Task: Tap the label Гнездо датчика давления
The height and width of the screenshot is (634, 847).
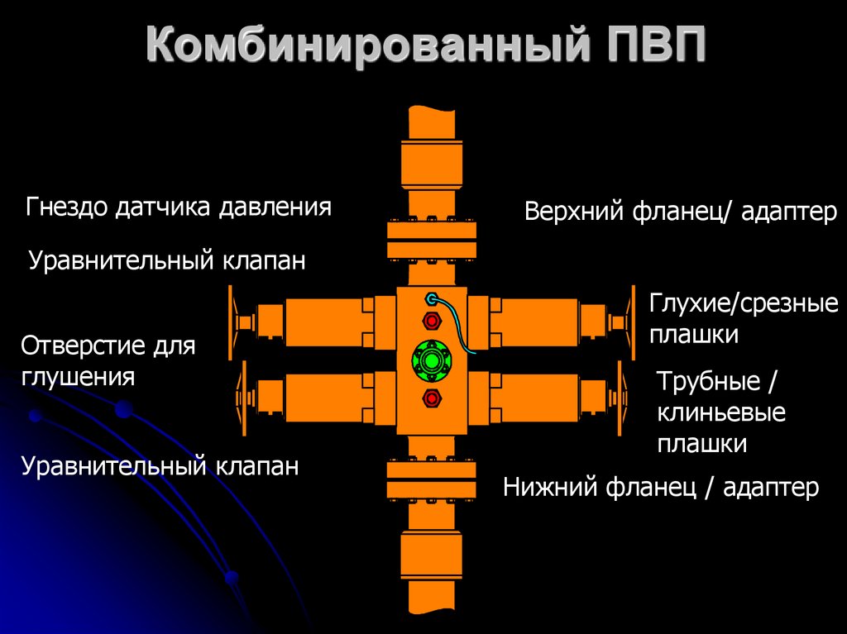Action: tap(179, 207)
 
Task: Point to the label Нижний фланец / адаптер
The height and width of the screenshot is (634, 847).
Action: tap(660, 488)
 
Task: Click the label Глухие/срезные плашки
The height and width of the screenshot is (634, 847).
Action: tap(743, 319)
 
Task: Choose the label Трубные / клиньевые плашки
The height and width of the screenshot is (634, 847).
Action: tap(720, 412)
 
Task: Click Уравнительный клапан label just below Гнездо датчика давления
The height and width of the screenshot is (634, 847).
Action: tap(167, 260)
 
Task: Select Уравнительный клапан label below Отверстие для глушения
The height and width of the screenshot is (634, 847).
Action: tap(160, 465)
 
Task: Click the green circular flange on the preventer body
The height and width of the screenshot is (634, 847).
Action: tap(431, 360)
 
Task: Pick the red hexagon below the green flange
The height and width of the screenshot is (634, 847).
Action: tap(431, 398)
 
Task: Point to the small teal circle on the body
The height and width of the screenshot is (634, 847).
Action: tap(430, 298)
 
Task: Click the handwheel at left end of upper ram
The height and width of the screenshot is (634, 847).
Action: tap(230, 320)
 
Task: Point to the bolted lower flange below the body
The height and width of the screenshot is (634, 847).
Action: tap(431, 481)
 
